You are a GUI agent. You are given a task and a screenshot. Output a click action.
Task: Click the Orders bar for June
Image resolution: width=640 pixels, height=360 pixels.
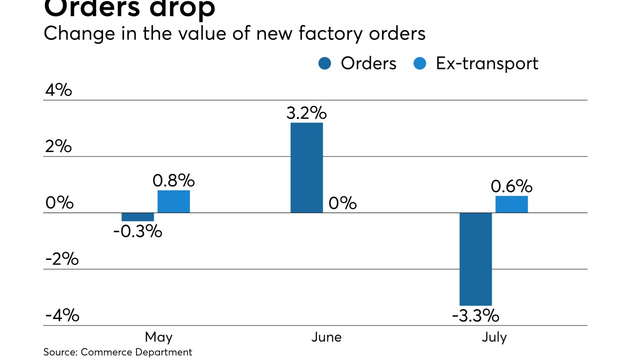306,167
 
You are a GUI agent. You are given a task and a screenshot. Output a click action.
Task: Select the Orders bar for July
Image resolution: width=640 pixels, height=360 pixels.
475,259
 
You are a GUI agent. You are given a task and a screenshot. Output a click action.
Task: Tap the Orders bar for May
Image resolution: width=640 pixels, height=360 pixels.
137,216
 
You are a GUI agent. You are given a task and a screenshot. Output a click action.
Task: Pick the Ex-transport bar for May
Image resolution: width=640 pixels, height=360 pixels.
173,201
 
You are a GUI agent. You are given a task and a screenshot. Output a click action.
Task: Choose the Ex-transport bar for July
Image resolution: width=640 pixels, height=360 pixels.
511,204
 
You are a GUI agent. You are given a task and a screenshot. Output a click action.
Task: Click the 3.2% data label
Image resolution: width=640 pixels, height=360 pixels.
306,113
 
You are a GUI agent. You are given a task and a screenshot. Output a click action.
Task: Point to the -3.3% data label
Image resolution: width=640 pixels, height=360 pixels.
475,316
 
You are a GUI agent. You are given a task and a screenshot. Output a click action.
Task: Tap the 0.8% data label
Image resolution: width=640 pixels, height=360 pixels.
173,180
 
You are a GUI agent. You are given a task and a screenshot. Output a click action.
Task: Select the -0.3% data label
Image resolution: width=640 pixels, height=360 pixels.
137,231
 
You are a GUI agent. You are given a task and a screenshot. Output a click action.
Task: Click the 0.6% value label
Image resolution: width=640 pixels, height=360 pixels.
511,186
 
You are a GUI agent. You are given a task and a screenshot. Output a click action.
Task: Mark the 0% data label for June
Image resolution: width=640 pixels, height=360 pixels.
342,203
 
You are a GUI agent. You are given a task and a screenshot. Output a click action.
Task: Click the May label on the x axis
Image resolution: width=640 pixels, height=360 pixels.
158,337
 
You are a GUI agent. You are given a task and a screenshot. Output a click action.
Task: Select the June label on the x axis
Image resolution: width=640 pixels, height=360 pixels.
326,337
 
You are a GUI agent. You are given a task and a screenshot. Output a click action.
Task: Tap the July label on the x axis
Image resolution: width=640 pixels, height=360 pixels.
494,337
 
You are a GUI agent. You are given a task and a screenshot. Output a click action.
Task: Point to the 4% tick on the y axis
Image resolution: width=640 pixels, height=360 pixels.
58,90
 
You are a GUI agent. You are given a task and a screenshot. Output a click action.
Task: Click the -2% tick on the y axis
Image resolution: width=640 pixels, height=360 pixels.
62,259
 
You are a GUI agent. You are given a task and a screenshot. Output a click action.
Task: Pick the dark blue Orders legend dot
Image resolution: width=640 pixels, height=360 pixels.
324,64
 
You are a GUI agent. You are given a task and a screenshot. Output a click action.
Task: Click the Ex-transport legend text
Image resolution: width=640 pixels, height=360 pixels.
487,63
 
